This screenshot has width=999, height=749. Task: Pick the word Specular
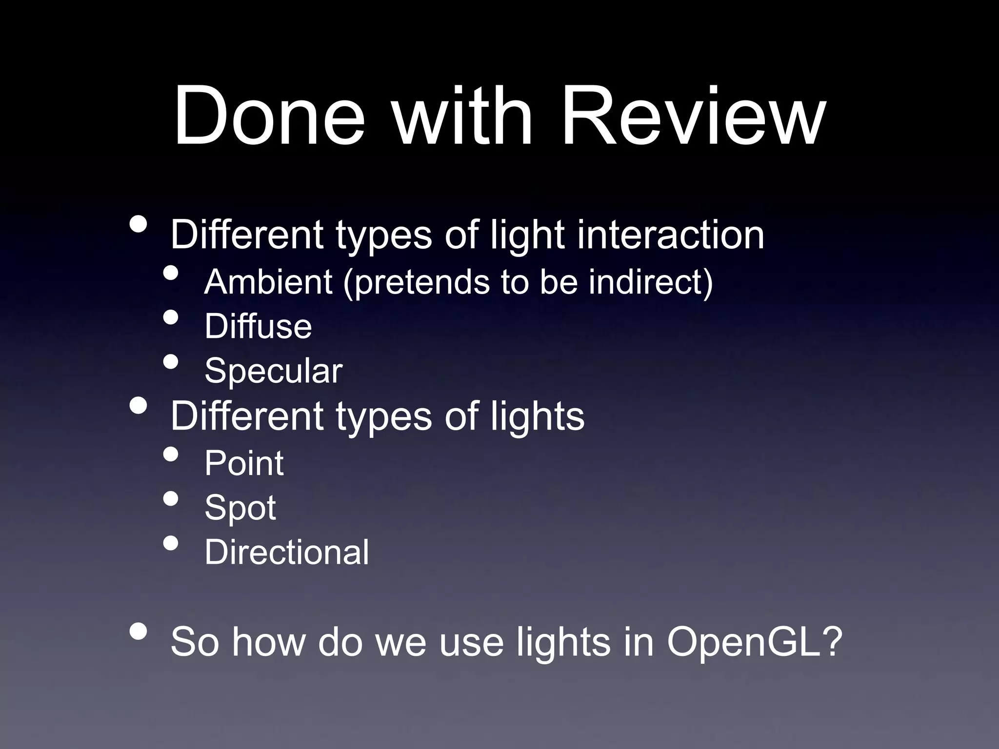click(273, 371)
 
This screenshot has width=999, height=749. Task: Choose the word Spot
click(240, 508)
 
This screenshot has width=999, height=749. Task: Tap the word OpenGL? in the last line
click(755, 642)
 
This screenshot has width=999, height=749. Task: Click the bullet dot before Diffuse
click(170, 318)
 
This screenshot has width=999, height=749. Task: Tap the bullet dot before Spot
click(170, 499)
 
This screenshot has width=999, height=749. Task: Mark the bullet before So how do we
click(139, 631)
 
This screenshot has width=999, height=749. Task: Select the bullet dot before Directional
click(170, 543)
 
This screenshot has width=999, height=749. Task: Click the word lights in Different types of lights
click(537, 417)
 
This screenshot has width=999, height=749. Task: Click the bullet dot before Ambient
click(170, 273)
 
